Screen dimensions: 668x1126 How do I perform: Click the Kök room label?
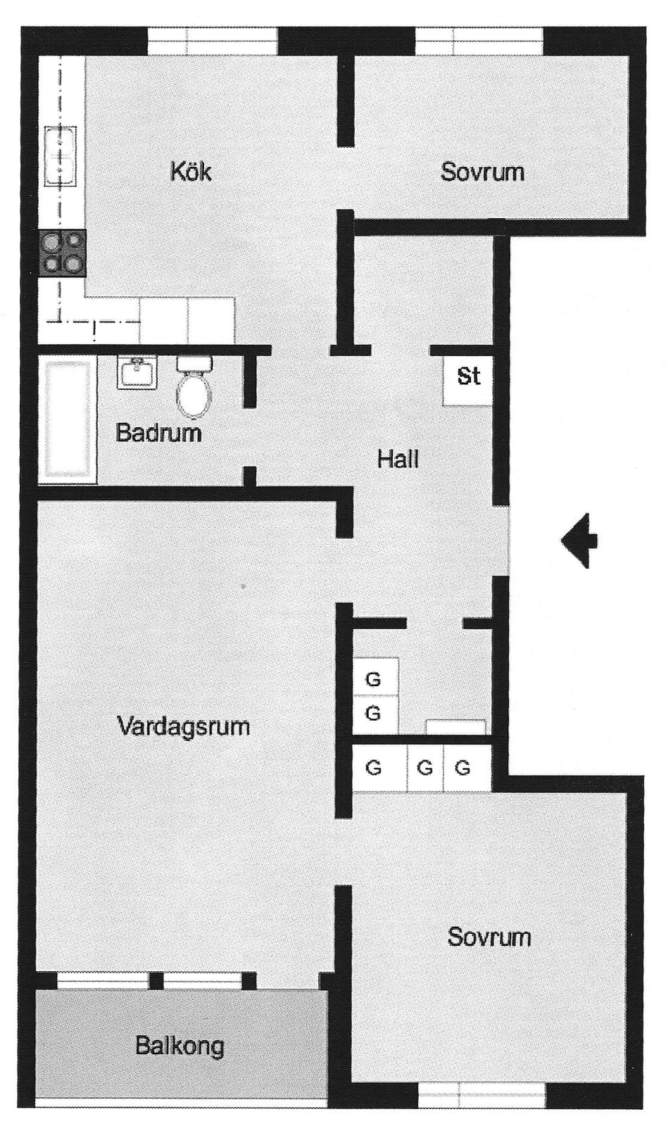pyautogui.click(x=191, y=172)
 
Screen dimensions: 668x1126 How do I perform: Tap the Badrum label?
pyautogui.click(x=158, y=432)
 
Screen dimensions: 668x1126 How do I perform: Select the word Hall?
pyautogui.click(x=398, y=459)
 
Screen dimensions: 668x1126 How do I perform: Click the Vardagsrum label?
pyautogui.click(x=184, y=727)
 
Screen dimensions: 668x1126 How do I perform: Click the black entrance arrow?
pyautogui.click(x=579, y=540)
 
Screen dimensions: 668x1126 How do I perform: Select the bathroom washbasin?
pyautogui.click(x=137, y=372)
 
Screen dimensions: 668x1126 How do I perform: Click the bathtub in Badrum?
pyautogui.click(x=67, y=420)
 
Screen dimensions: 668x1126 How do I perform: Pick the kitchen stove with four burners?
pyautogui.click(x=63, y=253)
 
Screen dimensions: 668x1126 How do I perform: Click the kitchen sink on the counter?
pyautogui.click(x=61, y=156)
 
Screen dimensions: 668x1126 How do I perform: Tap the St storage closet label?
pyautogui.click(x=469, y=376)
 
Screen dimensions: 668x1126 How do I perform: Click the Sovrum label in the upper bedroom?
pyautogui.click(x=482, y=172)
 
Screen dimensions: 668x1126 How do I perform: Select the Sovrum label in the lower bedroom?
pyautogui.click(x=489, y=937)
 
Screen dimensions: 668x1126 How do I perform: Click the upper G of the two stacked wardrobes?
pyautogui.click(x=373, y=680)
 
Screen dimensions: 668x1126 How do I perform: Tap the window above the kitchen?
pyautogui.click(x=212, y=42)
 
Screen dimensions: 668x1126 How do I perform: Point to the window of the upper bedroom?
pyautogui.click(x=479, y=42)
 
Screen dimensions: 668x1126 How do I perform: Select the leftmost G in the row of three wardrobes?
pyautogui.click(x=373, y=768)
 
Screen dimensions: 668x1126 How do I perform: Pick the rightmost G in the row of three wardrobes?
pyautogui.click(x=462, y=768)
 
